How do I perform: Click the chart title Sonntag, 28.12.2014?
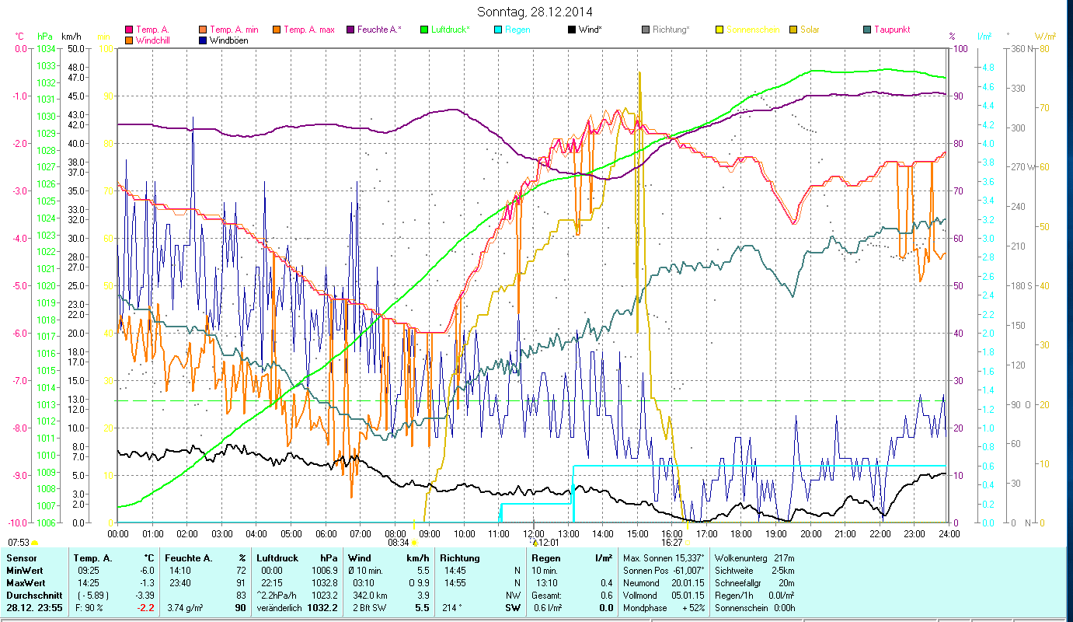pos(537,12)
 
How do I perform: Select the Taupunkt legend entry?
pos(891,30)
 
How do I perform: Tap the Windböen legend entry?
pos(229,40)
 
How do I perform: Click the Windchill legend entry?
pos(155,40)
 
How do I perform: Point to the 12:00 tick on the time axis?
pos(534,533)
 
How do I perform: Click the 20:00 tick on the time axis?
pos(811,533)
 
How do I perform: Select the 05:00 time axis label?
pos(291,533)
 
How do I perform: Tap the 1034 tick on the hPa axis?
pos(46,48)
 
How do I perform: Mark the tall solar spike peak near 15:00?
pos(639,72)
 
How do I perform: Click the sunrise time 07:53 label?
pos(19,542)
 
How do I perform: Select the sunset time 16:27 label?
pos(672,542)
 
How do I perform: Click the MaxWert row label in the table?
pos(26,582)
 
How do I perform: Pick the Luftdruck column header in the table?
pos(278,557)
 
